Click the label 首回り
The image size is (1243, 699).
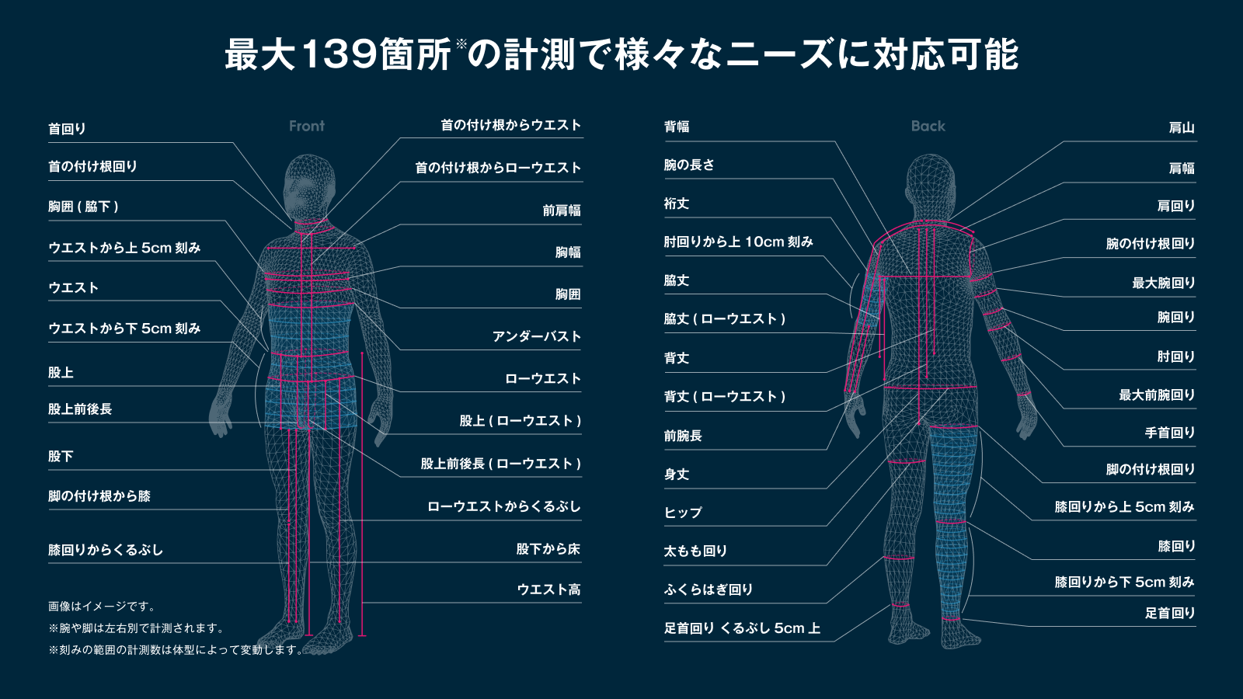pos(67,129)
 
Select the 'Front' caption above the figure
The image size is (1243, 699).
pos(307,126)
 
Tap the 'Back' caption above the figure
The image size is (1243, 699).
pos(928,126)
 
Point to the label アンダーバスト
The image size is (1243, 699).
pos(536,336)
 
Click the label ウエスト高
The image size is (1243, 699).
pos(548,589)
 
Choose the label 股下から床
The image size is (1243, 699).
pos(548,549)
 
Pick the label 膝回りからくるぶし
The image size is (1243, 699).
pos(106,550)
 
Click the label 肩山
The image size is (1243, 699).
pos(1181,128)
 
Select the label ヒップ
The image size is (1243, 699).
pos(683,513)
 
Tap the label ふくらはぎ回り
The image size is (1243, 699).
pos(709,589)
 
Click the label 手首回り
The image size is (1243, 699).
pos(1169,433)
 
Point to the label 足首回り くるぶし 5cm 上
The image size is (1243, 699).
pos(742,628)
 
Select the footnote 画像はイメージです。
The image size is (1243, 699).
pos(103,607)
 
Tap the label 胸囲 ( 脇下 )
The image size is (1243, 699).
pos(83,207)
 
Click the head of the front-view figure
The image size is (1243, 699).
pos(309,186)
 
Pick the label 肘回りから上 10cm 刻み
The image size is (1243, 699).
pos(738,242)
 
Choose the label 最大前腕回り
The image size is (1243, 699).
pos(1156,395)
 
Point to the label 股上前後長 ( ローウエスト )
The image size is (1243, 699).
pos(500,464)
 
